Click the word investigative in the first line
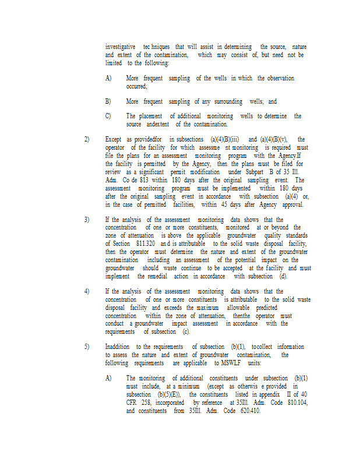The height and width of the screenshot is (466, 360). tap(121, 47)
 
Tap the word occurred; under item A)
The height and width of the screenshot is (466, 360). tap(137, 86)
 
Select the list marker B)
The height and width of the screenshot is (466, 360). tap(108, 101)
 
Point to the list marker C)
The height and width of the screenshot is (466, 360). tap(108, 116)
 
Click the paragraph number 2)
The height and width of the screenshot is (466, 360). tap(87, 140)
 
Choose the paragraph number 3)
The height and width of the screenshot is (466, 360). tap(87, 220)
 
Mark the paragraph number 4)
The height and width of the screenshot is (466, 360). tap(87, 291)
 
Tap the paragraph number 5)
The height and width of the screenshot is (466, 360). tap(87, 347)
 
